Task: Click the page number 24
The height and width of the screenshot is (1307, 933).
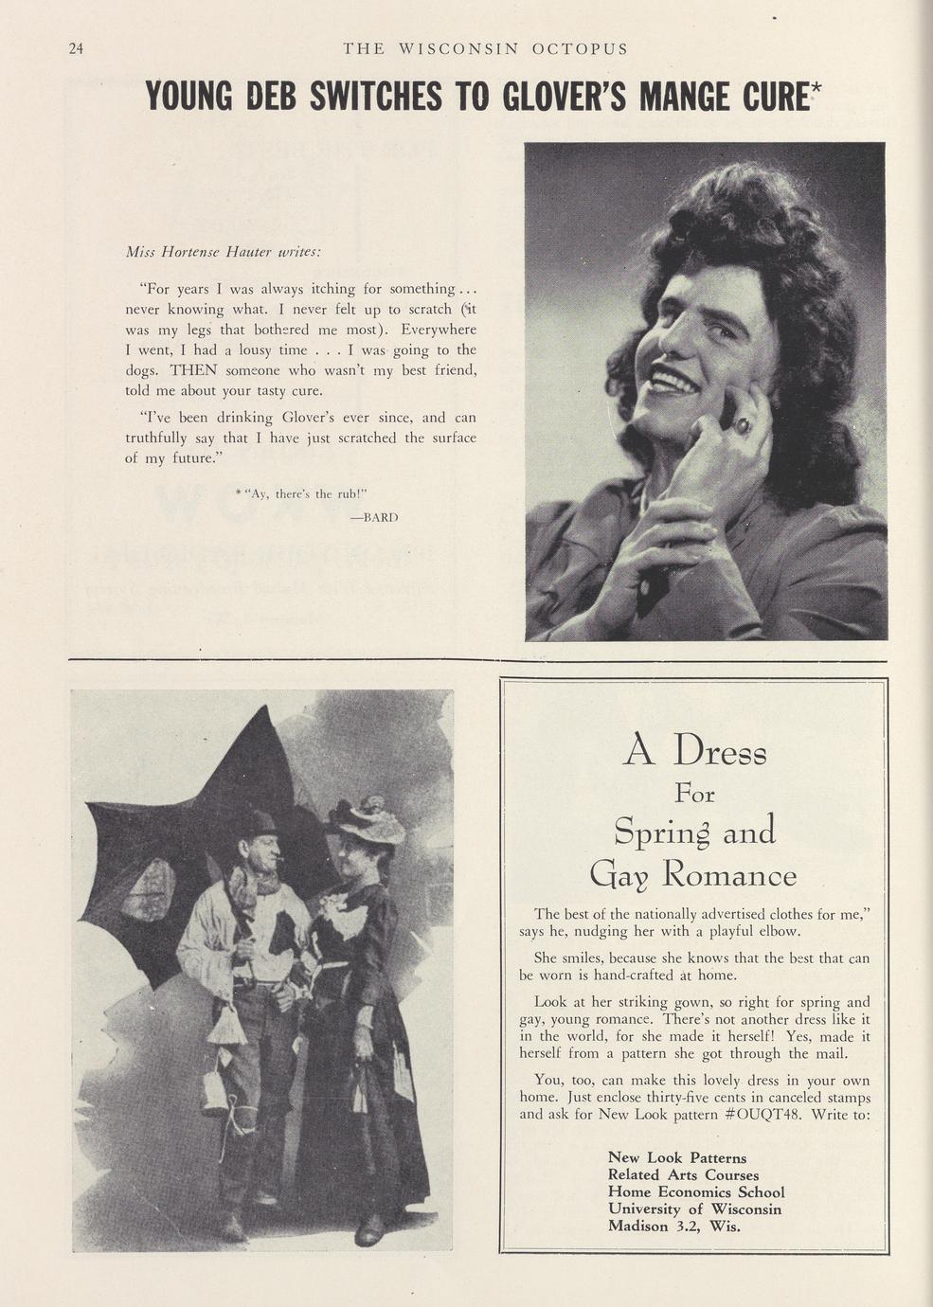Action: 77,49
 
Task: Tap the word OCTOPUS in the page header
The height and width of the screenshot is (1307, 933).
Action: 580,49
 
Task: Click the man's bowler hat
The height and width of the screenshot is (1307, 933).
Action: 257,822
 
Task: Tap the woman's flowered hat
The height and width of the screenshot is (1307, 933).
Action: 366,820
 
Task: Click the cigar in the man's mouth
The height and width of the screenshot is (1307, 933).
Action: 281,859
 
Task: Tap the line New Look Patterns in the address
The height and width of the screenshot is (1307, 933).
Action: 676,1157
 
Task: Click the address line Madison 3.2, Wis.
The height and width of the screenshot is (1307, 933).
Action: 673,1226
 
